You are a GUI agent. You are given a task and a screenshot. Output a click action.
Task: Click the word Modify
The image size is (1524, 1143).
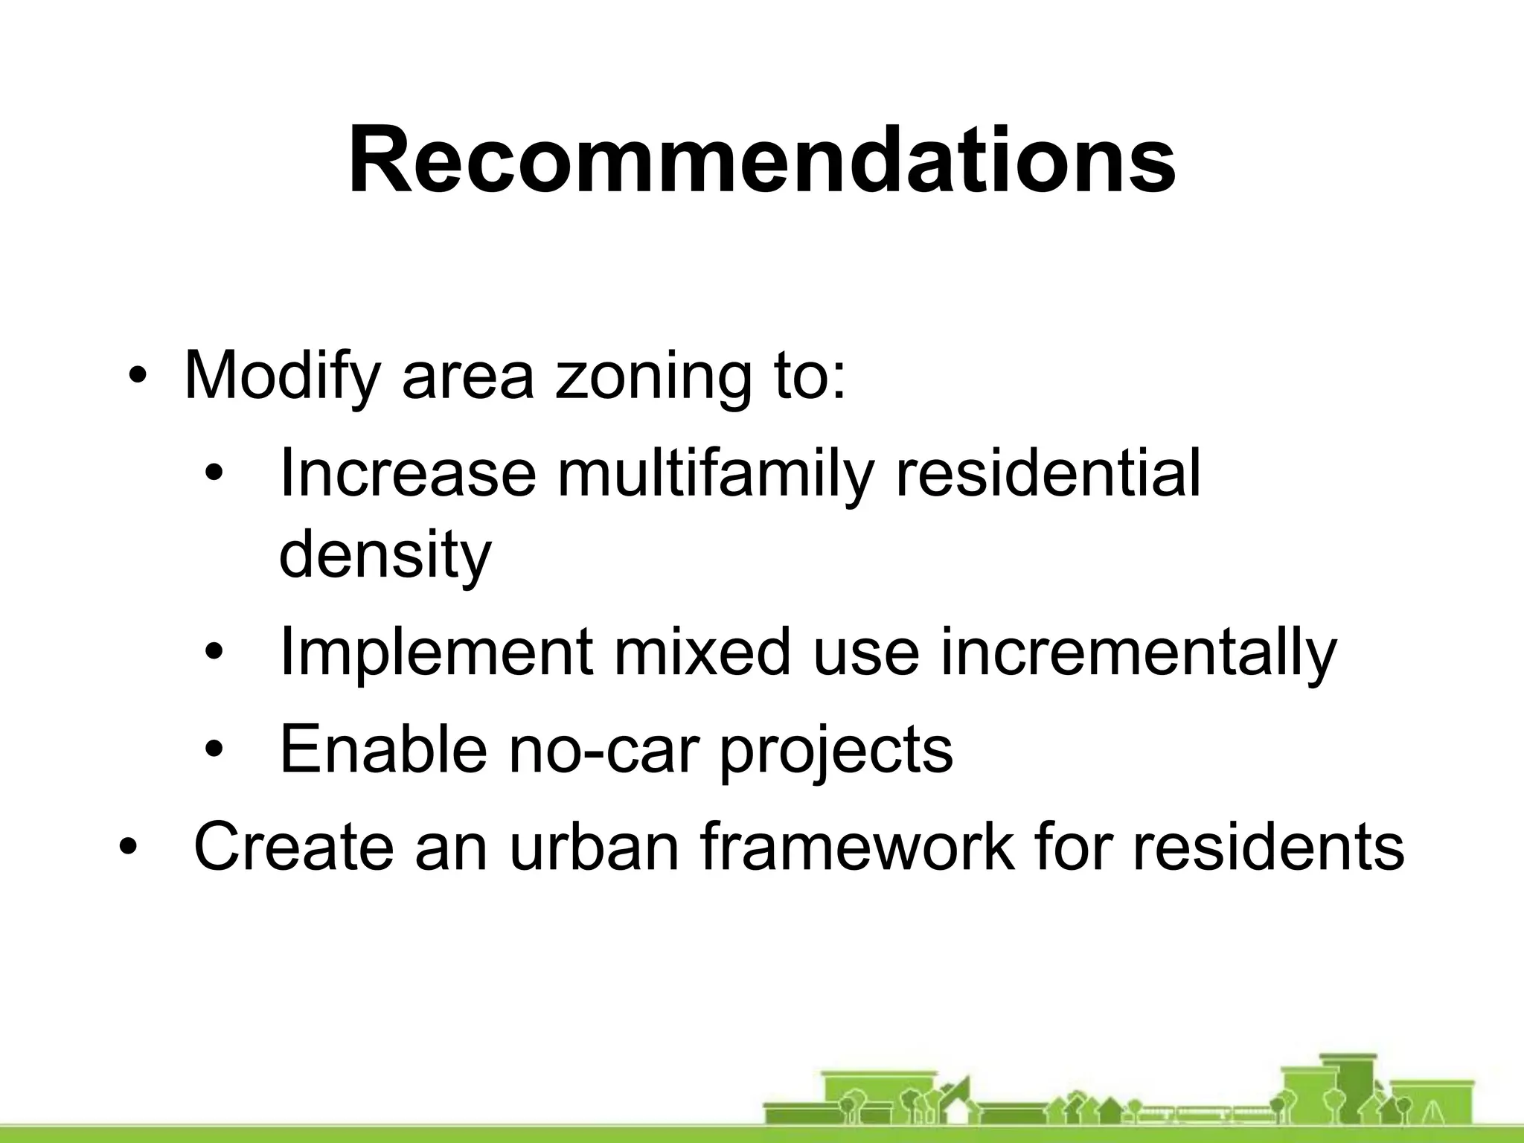click(x=281, y=376)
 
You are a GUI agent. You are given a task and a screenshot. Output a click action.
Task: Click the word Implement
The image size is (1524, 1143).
click(x=436, y=653)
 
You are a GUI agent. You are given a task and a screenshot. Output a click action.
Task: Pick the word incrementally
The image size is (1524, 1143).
click(x=1138, y=653)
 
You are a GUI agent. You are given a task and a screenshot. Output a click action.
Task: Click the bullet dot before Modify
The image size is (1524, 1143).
click(x=136, y=376)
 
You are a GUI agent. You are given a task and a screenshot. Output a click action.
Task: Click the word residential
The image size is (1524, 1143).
click(x=1047, y=474)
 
